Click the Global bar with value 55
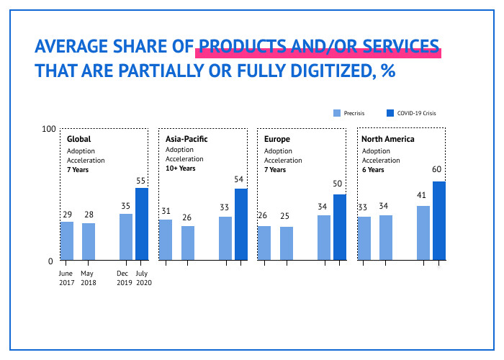click(x=142, y=224)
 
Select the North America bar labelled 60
click(x=438, y=220)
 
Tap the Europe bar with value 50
click(x=340, y=227)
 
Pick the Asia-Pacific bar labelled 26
click(x=188, y=243)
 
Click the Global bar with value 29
click(x=66, y=240)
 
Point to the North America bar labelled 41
click(x=423, y=233)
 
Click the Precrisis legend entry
click(x=348, y=113)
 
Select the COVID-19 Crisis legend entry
click(x=412, y=113)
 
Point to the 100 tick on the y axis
click(x=48, y=129)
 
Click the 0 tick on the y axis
click(x=51, y=261)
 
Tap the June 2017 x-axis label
click(x=66, y=278)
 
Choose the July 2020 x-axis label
click(x=142, y=278)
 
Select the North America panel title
click(x=388, y=138)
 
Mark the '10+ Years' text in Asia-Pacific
click(x=180, y=168)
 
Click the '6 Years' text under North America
click(x=373, y=170)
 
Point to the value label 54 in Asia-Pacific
click(x=240, y=179)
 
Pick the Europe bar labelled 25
click(x=287, y=243)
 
